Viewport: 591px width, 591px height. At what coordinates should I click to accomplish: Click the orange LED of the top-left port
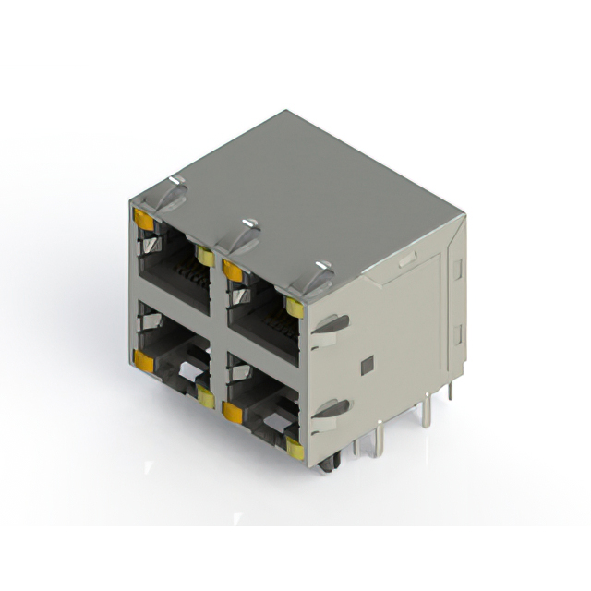click(x=143, y=219)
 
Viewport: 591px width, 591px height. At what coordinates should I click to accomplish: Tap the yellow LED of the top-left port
click(x=205, y=258)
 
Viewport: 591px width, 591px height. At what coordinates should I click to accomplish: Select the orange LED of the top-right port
click(x=232, y=271)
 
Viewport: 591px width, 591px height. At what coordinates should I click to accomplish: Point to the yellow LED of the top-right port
click(x=295, y=308)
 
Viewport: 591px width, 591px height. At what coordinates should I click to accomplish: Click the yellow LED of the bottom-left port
click(x=205, y=399)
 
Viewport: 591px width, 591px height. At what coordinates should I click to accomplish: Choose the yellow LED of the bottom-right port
click(x=295, y=450)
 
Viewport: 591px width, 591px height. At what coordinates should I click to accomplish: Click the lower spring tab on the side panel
click(x=332, y=410)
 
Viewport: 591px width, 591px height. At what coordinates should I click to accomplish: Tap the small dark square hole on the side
click(x=367, y=366)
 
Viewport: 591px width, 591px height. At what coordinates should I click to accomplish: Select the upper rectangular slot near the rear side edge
click(x=456, y=269)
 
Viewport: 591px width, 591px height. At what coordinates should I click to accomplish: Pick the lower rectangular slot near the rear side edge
click(x=455, y=331)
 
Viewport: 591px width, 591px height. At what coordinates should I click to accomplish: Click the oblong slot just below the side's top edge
click(x=407, y=260)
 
